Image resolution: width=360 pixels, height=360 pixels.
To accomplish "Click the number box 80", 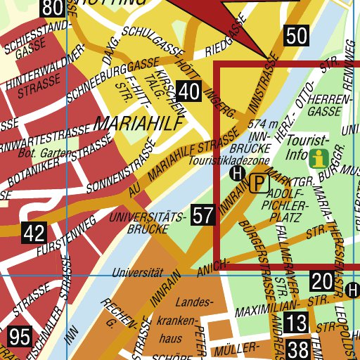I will pyautogui.click(x=51, y=8).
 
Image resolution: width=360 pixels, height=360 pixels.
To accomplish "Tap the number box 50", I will pyautogui.click(x=297, y=36).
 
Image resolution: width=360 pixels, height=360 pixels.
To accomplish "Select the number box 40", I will pyautogui.click(x=188, y=91).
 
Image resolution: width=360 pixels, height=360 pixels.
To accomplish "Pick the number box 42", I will pyautogui.click(x=34, y=233).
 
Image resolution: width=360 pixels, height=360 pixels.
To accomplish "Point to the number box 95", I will pyautogui.click(x=20, y=336).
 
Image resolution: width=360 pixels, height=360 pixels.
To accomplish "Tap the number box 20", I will pyautogui.click(x=321, y=282).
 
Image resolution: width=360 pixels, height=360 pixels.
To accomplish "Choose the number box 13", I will pyautogui.click(x=297, y=323).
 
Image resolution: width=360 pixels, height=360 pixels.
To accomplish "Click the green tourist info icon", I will pyautogui.click(x=320, y=158).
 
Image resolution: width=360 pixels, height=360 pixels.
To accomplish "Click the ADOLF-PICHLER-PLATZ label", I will pyautogui.click(x=284, y=199).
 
